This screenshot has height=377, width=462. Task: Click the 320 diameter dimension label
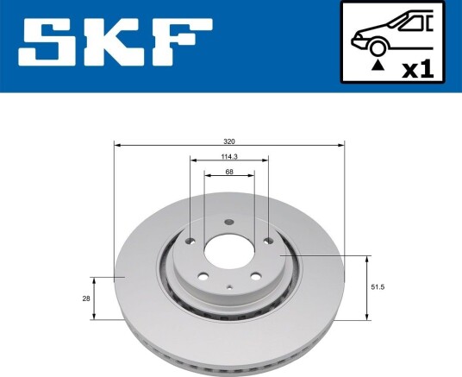pyautogui.click(x=229, y=141)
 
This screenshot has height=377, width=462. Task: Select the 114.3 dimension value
pyautogui.click(x=229, y=157)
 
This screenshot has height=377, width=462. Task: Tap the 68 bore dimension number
pyautogui.click(x=229, y=172)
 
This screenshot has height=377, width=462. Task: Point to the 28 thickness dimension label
pyautogui.click(x=86, y=298)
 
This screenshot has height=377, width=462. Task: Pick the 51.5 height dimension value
pyautogui.click(x=378, y=287)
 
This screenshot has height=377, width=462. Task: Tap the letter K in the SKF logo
pyautogui.click(x=115, y=42)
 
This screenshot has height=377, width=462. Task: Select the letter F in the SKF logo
pyautogui.click(x=182, y=42)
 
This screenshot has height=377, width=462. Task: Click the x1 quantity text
pyautogui.click(x=418, y=70)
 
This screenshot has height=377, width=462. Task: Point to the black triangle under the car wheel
pyautogui.click(x=378, y=66)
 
